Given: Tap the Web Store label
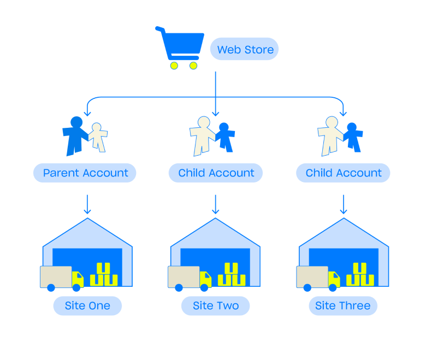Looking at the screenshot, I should [x=245, y=50].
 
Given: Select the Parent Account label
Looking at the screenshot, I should [x=85, y=173].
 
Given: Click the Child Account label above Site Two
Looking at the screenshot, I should [x=216, y=173].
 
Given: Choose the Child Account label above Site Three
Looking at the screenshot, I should [x=343, y=173].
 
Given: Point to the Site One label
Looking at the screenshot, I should [x=87, y=306].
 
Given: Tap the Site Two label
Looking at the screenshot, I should [x=216, y=306].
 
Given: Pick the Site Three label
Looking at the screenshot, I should [x=343, y=306].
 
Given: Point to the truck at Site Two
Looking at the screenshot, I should [x=189, y=278].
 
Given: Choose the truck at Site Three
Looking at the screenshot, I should [x=317, y=278].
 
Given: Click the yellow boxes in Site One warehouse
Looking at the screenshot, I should [x=104, y=275].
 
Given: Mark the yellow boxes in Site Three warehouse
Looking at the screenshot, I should [x=360, y=275].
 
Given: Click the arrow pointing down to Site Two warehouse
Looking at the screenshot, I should [x=216, y=204].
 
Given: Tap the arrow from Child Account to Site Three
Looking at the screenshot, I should [x=343, y=204].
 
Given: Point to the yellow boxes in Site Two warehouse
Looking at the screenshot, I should [x=232, y=275].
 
